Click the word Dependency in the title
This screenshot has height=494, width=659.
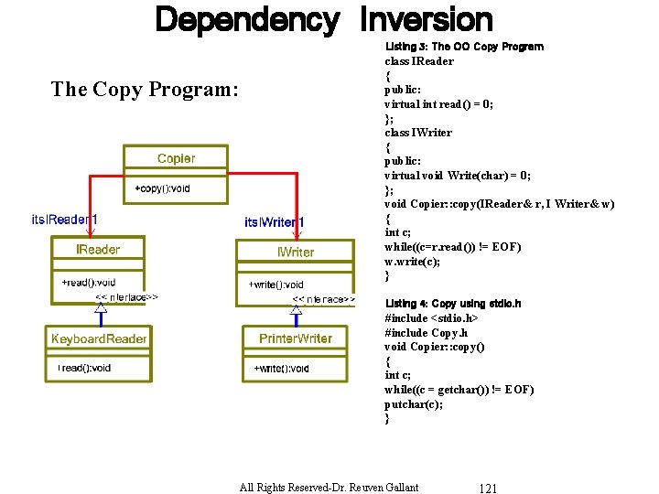pyautogui.click(x=246, y=19)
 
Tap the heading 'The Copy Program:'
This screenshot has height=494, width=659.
pyautogui.click(x=145, y=89)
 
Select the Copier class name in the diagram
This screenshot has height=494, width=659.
pyautogui.click(x=176, y=159)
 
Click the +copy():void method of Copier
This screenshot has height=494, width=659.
pyautogui.click(x=163, y=188)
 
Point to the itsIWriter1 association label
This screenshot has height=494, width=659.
pyautogui.click(x=275, y=222)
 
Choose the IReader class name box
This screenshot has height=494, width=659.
pyautogui.click(x=98, y=249)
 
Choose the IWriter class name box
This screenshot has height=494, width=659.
pyautogui.click(x=296, y=252)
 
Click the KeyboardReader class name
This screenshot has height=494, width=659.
pyautogui.click(x=99, y=339)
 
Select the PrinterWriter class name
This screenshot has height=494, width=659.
pyautogui.click(x=296, y=338)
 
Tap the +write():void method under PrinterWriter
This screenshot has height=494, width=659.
pyautogui.click(x=281, y=369)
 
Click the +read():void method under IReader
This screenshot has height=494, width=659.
pyautogui.click(x=89, y=283)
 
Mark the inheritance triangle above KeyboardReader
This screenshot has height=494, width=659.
pyautogui.click(x=101, y=308)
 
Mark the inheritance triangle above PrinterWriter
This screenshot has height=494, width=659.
pyautogui.click(x=296, y=310)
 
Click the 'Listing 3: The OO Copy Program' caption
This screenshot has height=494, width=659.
pyautogui.click(x=464, y=47)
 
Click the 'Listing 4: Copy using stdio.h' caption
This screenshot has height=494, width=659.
pyautogui.click(x=453, y=304)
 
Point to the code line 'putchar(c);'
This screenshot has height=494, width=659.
pyautogui.click(x=414, y=403)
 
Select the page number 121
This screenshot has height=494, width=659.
pyautogui.click(x=488, y=488)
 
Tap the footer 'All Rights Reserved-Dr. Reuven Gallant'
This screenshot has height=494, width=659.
pyautogui.click(x=329, y=487)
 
